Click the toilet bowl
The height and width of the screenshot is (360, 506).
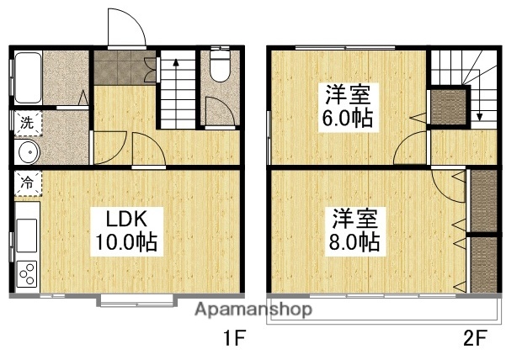click(x=219, y=67)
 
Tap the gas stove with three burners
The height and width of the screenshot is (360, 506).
click(x=26, y=272)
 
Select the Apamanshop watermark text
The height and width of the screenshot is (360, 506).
click(x=253, y=310)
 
